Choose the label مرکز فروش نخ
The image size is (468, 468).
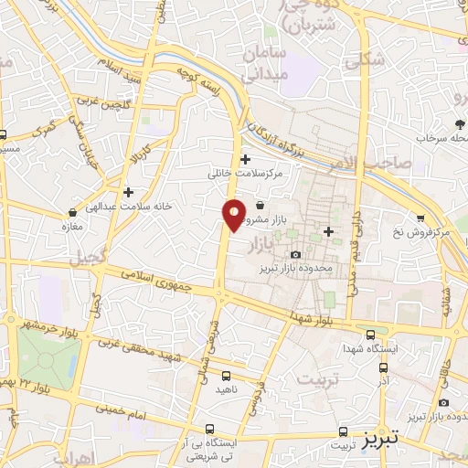coord(420,232)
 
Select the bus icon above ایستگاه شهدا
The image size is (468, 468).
coord(369,335)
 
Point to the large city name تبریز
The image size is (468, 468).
coord(379,437)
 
